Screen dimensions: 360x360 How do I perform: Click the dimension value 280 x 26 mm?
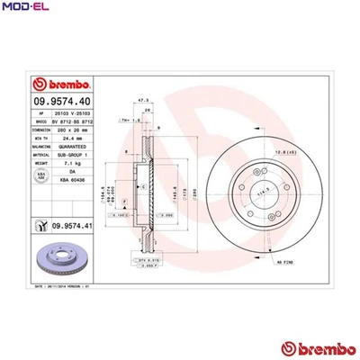click(73, 130)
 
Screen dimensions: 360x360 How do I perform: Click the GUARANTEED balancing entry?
click(73, 148)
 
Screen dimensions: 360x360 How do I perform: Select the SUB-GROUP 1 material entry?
click(73, 157)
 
